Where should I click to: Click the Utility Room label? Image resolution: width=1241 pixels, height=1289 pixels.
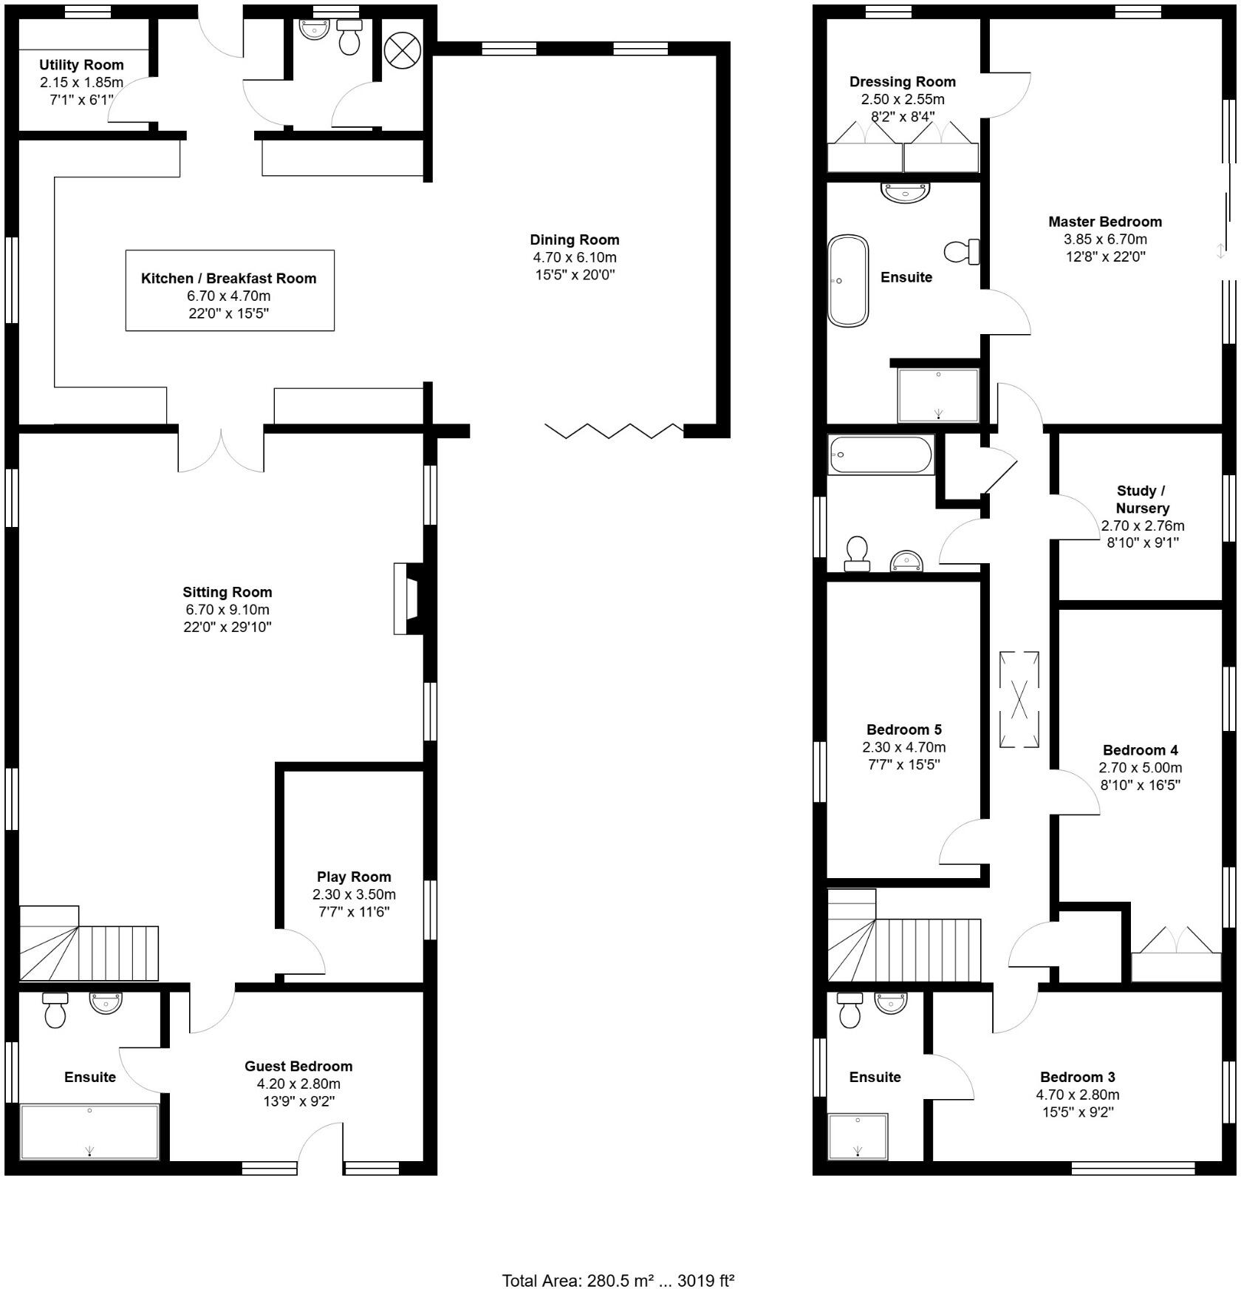[81, 65]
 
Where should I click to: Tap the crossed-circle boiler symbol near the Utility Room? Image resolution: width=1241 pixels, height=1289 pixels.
[402, 51]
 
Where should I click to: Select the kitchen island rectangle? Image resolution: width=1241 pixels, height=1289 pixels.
[230, 290]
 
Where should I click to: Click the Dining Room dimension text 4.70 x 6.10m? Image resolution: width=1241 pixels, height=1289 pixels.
[574, 258]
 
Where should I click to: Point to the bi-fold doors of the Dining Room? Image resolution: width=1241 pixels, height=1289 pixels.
[615, 431]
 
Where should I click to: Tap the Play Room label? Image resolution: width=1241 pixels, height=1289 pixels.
[354, 877]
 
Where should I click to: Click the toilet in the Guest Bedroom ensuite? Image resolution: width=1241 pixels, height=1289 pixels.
[55, 1010]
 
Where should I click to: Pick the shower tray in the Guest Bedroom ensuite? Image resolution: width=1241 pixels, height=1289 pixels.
[89, 1132]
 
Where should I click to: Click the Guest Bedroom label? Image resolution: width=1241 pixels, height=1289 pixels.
[298, 1066]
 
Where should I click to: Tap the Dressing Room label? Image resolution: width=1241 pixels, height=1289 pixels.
[902, 82]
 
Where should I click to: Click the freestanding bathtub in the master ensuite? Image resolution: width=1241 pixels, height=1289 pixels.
[847, 281]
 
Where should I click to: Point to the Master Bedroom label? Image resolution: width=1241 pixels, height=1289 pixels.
[1104, 222]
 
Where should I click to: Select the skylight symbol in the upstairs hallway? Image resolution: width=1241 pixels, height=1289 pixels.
[1019, 699]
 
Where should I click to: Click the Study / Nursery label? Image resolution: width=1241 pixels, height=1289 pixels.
[1142, 500]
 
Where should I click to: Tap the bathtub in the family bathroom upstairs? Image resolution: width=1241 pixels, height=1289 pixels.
[881, 455]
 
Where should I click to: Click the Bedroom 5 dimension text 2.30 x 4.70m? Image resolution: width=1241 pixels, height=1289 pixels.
[903, 747]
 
